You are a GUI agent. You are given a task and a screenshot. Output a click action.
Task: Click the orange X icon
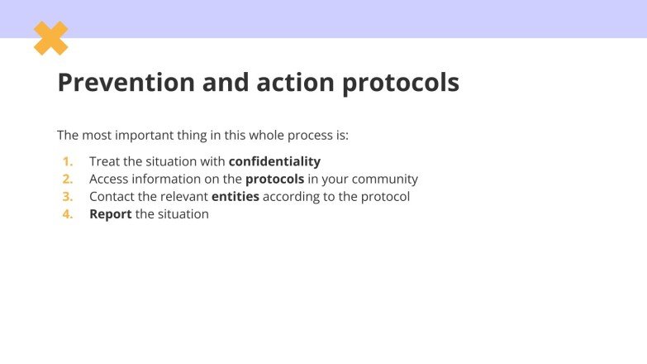click(x=50, y=38)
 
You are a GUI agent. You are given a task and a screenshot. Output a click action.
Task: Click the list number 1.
click(x=68, y=161)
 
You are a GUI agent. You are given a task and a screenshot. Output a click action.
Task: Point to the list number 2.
click(x=68, y=179)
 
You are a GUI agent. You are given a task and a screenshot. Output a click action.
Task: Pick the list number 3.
click(x=68, y=197)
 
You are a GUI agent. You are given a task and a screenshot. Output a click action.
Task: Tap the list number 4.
click(x=68, y=214)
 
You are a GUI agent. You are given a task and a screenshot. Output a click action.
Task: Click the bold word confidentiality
click(x=274, y=161)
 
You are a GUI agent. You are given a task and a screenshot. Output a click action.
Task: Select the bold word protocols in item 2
click(x=275, y=180)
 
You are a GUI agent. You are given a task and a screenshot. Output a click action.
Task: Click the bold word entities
click(x=235, y=197)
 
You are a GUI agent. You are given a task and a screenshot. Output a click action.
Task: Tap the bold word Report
click(x=110, y=215)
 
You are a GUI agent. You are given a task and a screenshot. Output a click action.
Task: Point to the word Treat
click(x=104, y=161)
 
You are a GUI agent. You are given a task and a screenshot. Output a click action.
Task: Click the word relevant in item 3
click(x=182, y=197)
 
